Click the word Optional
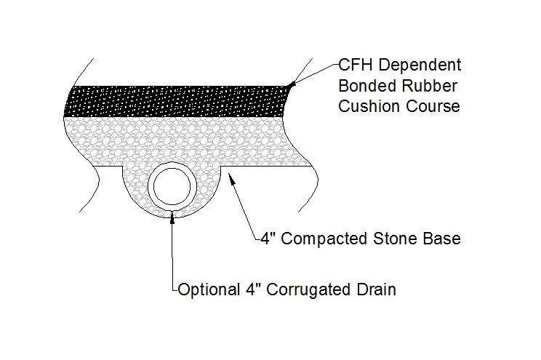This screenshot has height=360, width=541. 208,290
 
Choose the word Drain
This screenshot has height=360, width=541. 375,290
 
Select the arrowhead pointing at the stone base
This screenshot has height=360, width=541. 231,179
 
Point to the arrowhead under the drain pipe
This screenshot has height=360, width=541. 172,214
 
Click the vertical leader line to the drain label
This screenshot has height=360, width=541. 172,255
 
